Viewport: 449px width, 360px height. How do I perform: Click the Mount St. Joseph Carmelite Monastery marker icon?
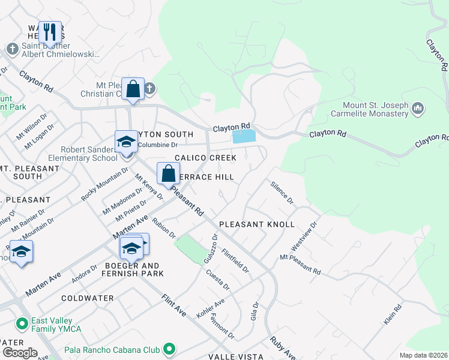[418, 109]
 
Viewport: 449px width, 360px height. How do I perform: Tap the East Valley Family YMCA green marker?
[22, 325]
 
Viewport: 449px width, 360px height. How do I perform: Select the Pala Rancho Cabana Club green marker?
[170, 349]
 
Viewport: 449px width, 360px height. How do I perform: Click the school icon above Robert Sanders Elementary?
[126, 142]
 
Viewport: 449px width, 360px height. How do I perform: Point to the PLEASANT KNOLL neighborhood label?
[256, 224]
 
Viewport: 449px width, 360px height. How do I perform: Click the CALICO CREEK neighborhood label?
[205, 158]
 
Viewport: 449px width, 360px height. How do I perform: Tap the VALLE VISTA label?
[235, 356]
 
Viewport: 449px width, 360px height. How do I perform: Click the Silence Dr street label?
[282, 192]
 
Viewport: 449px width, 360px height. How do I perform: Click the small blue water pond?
[243, 137]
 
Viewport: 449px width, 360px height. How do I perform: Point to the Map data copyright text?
[423, 355]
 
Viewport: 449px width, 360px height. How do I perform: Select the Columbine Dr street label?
[158, 145]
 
